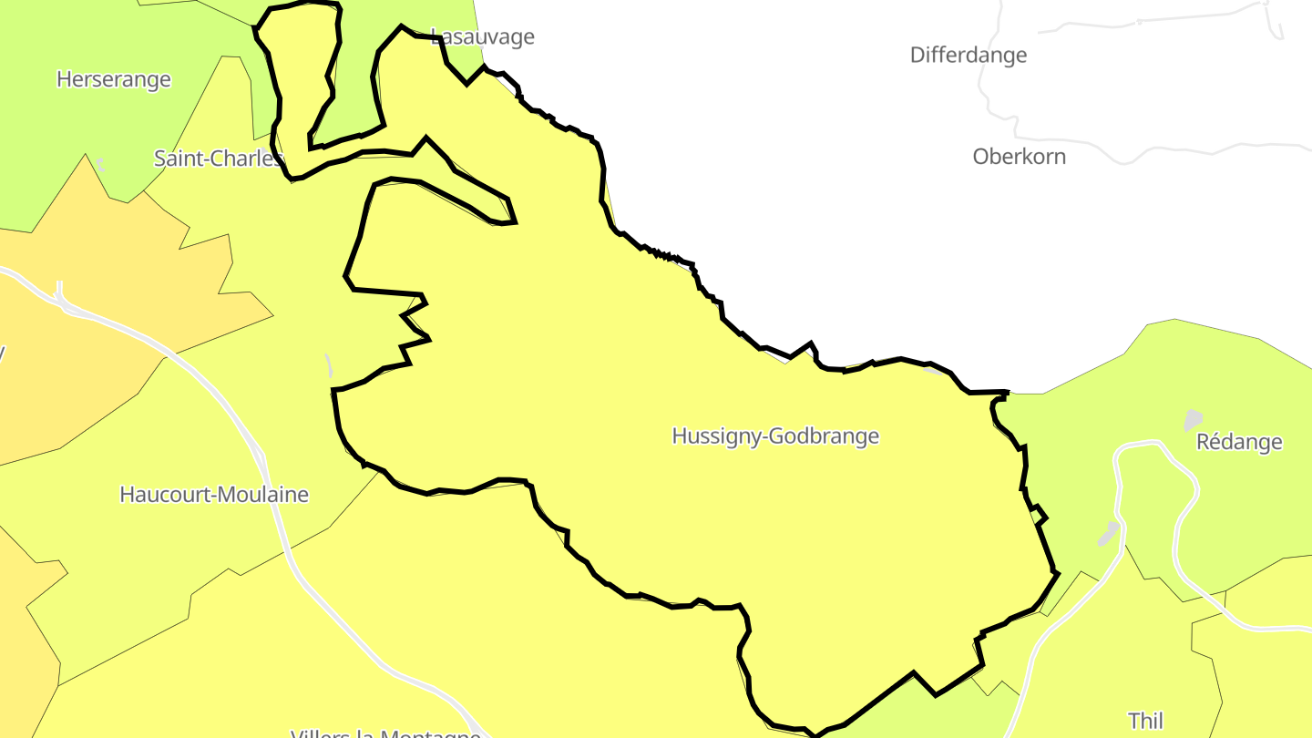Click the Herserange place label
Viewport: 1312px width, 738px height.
pos(113,79)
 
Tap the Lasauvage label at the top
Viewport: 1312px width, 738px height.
pos(483,37)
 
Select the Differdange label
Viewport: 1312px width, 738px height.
pos(968,55)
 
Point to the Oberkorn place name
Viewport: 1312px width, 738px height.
pos(1019,156)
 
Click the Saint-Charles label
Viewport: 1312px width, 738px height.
pos(217,159)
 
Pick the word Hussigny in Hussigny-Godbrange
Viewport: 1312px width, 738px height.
pos(717,436)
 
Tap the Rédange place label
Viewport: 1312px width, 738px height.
pos(1238,442)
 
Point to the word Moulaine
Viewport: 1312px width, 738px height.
pos(267,495)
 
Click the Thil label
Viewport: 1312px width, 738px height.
pos(1145,721)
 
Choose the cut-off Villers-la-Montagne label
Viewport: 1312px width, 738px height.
pos(385,733)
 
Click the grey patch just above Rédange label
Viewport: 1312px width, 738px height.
pos(1192,420)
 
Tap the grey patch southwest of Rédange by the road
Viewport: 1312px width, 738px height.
pos(1108,533)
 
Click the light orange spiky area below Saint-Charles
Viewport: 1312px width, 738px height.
pos(137,301)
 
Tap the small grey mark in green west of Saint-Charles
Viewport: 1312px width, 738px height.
pos(100,165)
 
